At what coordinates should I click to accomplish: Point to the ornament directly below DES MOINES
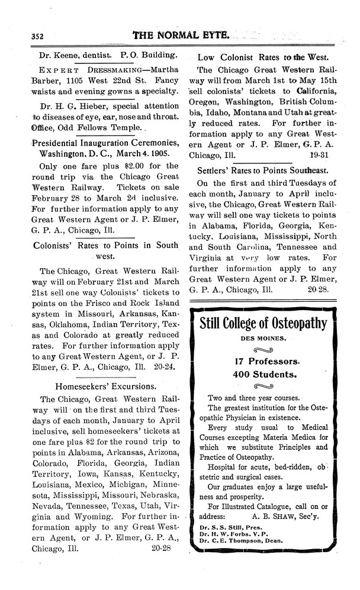(263, 350)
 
